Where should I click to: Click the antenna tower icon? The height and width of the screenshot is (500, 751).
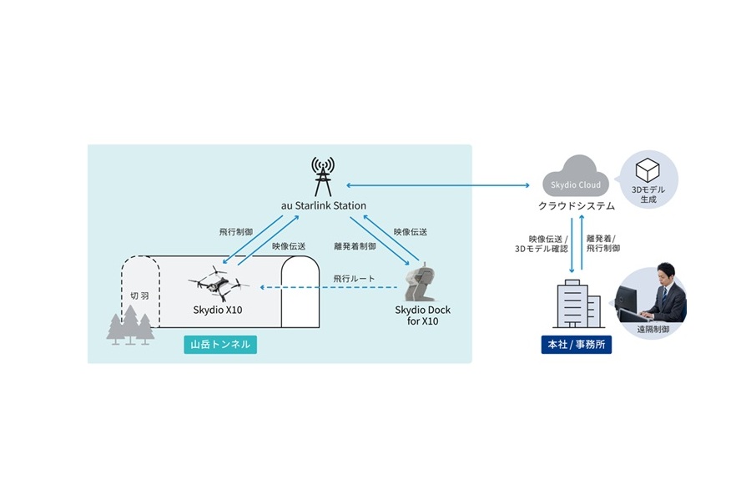click(x=322, y=175)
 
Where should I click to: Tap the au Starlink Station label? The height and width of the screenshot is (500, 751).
click(x=323, y=205)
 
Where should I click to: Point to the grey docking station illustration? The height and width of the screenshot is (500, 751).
click(x=421, y=283)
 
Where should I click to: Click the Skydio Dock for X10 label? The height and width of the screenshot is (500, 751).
click(x=422, y=316)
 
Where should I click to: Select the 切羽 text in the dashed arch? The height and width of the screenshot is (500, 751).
click(x=140, y=296)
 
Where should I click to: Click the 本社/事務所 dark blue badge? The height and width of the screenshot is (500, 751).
click(x=576, y=344)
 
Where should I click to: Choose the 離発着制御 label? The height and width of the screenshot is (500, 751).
click(x=352, y=246)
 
